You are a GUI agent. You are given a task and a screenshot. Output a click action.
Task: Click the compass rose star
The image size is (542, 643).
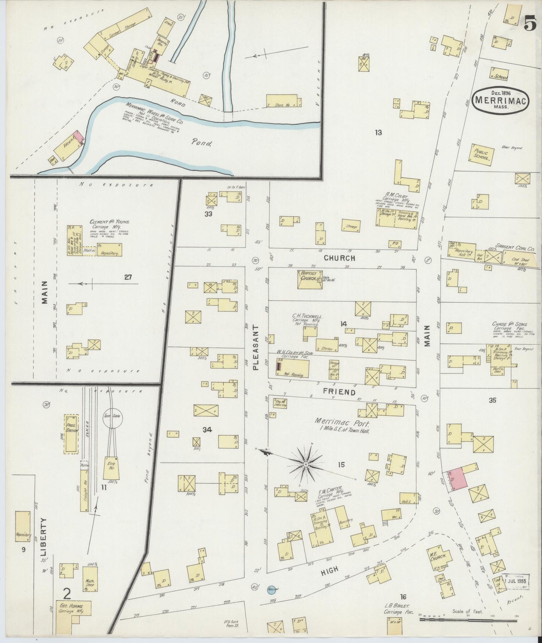coord(306,464)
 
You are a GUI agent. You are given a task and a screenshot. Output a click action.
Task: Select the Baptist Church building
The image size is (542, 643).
coord(310,279)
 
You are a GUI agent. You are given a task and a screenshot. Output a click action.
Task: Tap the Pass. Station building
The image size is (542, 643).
coord(71,434)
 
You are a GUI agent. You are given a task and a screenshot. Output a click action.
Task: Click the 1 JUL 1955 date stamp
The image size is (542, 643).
coord(516,591)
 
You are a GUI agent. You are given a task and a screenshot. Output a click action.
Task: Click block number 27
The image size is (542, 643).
coord(128,277)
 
